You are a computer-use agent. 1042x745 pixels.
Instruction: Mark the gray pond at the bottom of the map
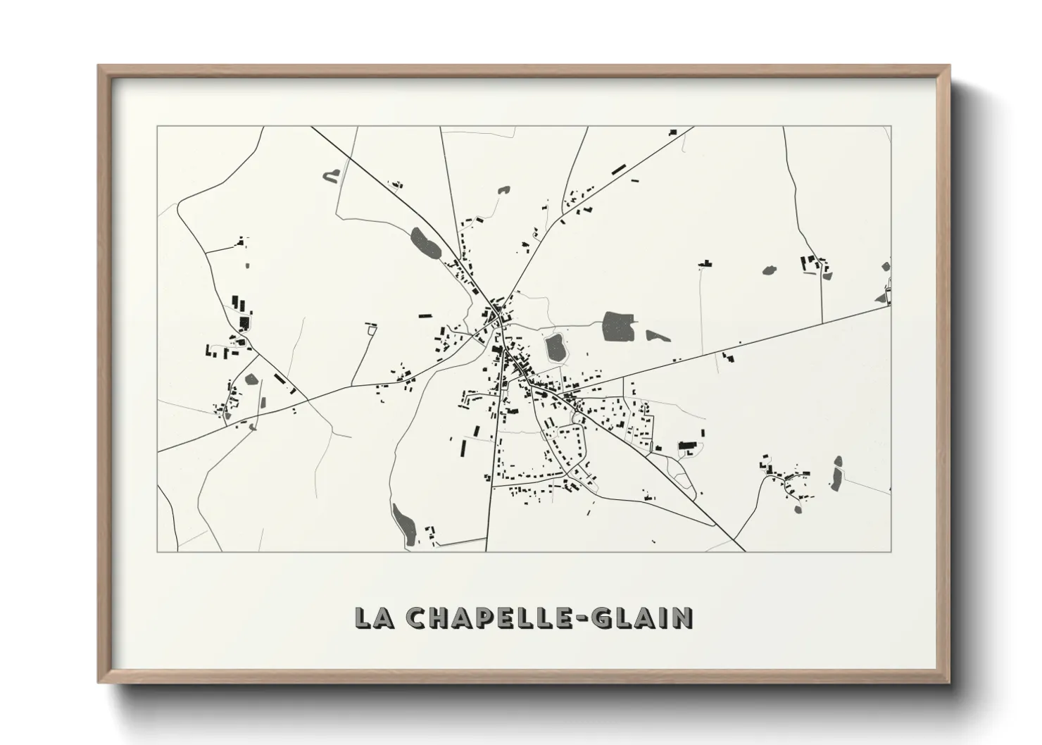click(x=404, y=524)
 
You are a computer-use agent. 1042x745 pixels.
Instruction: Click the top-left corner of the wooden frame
click(x=99, y=67)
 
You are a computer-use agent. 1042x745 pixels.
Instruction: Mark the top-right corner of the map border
click(x=891, y=127)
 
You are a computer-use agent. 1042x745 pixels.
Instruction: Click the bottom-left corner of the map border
click(x=157, y=551)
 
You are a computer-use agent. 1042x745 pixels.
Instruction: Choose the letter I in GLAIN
click(x=663, y=618)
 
